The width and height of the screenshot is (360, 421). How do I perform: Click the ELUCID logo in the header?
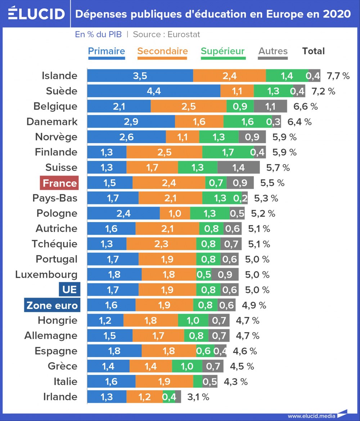click(36, 14)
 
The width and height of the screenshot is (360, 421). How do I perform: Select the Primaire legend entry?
click(107, 51)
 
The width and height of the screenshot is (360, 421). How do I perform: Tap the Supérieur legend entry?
click(222, 51)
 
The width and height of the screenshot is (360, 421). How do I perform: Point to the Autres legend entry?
click(273, 51)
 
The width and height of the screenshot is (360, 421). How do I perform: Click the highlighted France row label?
click(59, 183)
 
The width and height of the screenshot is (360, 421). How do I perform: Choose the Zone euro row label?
click(52, 305)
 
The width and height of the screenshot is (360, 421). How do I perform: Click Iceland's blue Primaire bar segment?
click(140, 76)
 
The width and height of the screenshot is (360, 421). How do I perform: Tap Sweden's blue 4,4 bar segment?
click(154, 91)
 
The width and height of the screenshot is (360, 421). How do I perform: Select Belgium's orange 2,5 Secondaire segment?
click(189, 107)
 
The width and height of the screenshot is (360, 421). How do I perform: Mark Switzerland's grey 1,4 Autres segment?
click(238, 168)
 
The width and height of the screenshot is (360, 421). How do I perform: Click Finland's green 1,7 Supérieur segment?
click(228, 152)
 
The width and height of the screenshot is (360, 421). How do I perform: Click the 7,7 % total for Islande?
click(338, 76)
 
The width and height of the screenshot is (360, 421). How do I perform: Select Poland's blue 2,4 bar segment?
click(123, 213)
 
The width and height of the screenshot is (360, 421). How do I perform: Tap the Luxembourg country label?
click(46, 275)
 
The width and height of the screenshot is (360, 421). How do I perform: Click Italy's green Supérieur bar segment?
click(198, 381)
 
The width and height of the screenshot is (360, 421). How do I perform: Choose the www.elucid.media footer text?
click(311, 416)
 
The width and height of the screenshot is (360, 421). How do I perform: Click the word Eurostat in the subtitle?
click(184, 35)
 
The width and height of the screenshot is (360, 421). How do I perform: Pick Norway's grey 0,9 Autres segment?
click(252, 137)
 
